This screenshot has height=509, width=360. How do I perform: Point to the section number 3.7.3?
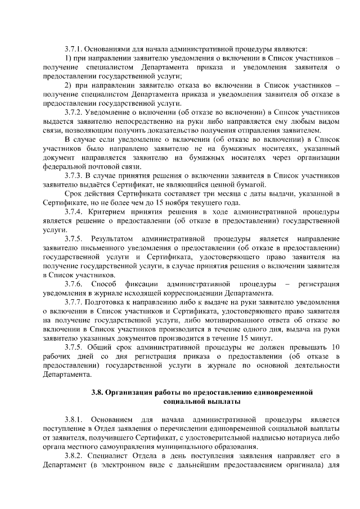[x=74, y=176]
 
